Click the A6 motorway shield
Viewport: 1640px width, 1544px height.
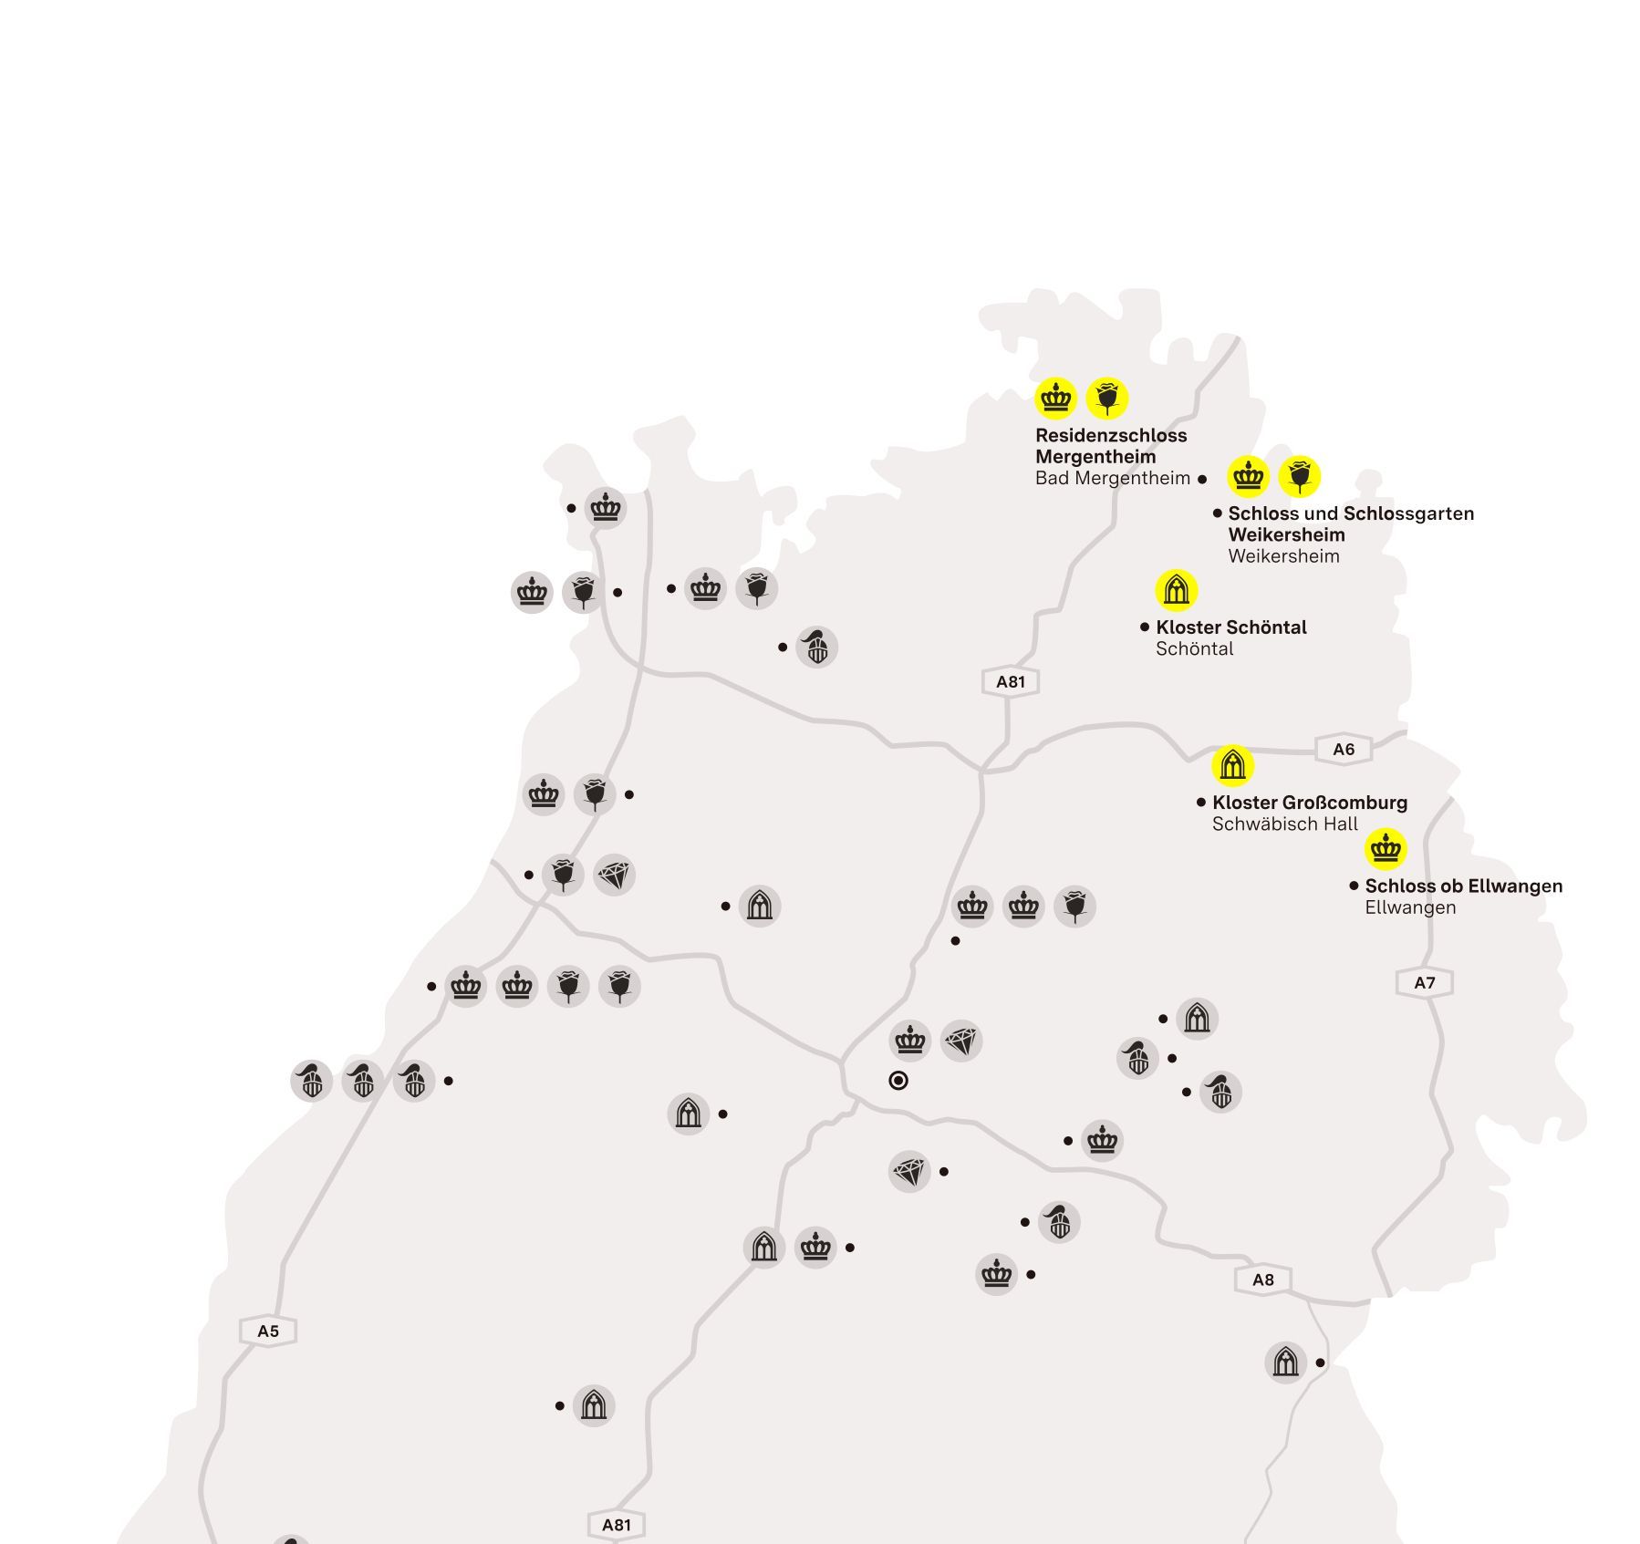coord(1344,750)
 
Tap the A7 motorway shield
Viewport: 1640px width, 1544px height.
coord(1424,982)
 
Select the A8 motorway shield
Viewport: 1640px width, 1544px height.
coord(1262,1280)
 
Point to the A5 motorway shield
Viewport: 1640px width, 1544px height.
coord(267,1331)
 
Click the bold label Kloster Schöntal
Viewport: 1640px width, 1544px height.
coord(1230,627)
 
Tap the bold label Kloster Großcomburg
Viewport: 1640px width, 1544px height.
coord(1309,803)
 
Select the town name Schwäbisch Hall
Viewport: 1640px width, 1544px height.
coord(1284,824)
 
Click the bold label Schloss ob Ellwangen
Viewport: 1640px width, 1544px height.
coord(1463,886)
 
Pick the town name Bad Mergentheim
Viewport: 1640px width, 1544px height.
coord(1112,479)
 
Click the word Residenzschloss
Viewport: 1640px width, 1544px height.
coord(1111,436)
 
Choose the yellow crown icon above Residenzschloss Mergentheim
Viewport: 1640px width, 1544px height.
coord(1056,399)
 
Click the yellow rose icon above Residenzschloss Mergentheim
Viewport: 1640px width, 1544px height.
coord(1107,399)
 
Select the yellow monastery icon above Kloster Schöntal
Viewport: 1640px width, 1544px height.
coord(1177,590)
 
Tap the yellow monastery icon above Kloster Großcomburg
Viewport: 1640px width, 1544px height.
coord(1232,765)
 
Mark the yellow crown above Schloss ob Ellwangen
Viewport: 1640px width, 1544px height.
coord(1386,849)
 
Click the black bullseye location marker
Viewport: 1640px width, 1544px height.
coord(898,1081)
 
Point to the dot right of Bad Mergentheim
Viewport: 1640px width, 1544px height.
coord(1202,479)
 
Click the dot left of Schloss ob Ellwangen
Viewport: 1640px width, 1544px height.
coord(1354,886)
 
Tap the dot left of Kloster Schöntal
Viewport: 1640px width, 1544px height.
coord(1145,627)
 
